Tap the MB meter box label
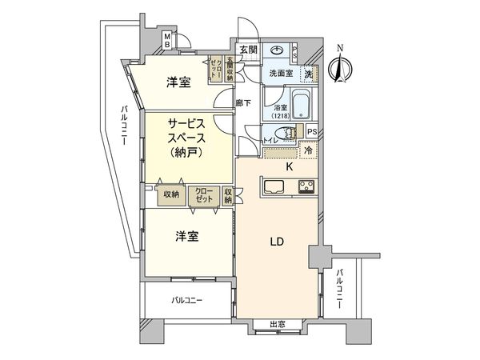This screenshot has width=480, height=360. click(166, 41)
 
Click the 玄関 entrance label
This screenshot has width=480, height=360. click(247, 50)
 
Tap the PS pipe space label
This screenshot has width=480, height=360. click(313, 132)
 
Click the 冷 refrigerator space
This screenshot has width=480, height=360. click(308, 149)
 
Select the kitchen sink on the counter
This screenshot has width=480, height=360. click(270, 188)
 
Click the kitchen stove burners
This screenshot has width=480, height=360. click(306, 188)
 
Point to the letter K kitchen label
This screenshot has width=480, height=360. click(290, 166)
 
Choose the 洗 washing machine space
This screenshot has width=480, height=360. click(308, 73)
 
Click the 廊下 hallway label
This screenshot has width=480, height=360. click(244, 103)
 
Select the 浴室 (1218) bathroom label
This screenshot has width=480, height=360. click(280, 112)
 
